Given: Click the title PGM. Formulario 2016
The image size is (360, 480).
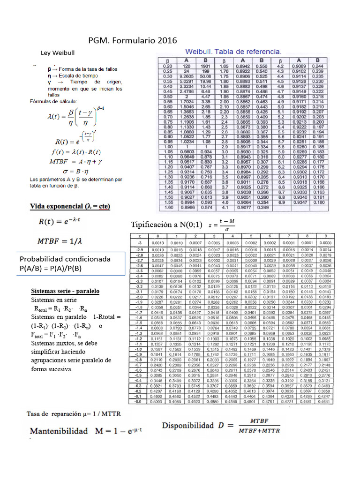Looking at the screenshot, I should coord(133,40).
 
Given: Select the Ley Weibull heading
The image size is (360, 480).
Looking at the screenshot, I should coord(58,53).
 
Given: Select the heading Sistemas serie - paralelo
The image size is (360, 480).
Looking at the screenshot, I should coord(65,291).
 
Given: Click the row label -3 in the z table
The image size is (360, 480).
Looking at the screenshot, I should coord(139,243).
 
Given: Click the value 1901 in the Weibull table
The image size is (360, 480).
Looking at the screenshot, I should coord(205,66).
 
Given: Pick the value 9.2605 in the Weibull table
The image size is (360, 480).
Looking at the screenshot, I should coord(187,76).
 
